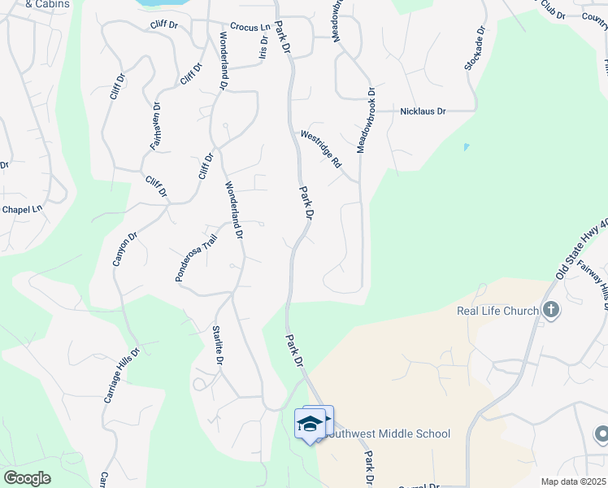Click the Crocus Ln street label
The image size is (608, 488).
250,27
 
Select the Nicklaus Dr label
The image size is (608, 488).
423,111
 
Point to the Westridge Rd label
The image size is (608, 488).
321,149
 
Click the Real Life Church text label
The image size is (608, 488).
497,311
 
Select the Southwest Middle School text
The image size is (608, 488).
387,434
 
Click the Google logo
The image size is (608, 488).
27,478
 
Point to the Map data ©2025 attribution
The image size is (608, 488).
574,481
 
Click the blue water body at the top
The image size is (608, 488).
159,2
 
